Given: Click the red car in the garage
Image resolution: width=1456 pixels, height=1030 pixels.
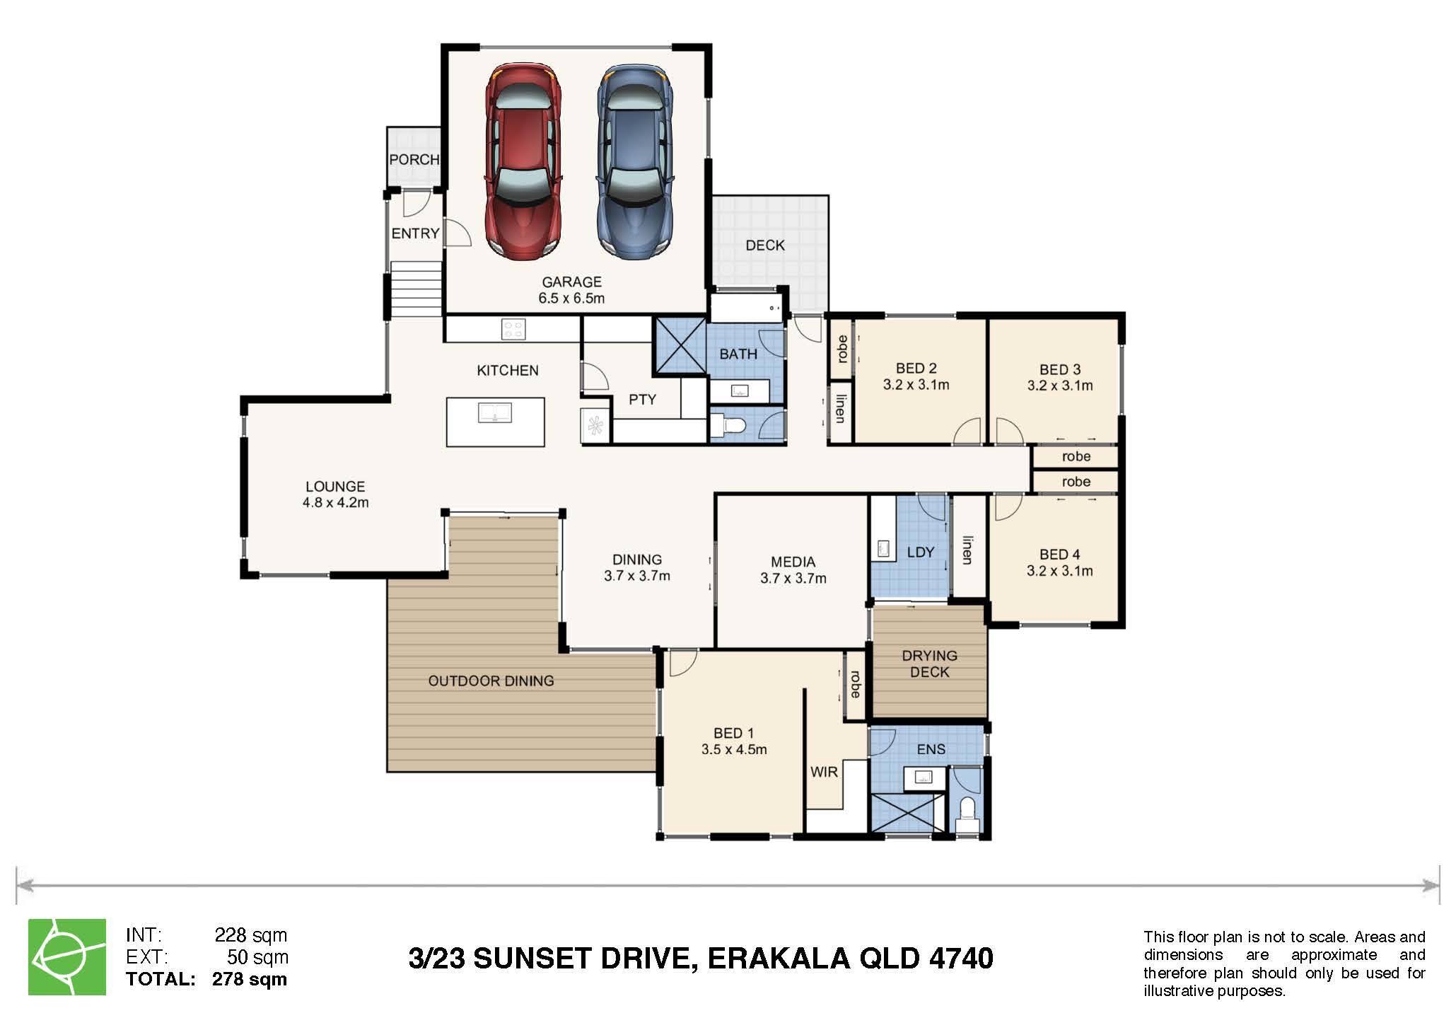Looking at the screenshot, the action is [x=523, y=162].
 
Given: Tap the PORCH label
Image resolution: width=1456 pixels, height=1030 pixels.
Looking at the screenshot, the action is [x=414, y=160].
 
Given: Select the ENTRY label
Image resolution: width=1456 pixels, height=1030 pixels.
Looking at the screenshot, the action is [x=416, y=233].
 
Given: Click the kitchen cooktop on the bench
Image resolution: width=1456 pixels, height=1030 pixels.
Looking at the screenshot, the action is [x=513, y=329].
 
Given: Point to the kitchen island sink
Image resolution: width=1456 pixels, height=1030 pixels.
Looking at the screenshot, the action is [x=495, y=412].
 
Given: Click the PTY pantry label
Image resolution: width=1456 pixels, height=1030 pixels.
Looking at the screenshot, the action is [x=642, y=400].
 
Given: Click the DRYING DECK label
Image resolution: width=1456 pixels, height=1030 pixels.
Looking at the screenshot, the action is [x=930, y=664].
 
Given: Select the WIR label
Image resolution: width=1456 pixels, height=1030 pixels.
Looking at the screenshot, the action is [x=824, y=772].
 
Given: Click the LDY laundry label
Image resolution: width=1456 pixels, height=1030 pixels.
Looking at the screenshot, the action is [x=921, y=552].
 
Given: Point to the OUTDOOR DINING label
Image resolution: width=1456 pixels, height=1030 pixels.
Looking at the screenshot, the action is [x=491, y=681].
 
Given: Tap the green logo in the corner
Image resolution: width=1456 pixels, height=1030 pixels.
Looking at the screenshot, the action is [x=67, y=957].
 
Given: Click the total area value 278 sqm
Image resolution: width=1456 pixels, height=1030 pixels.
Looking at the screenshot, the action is [x=250, y=980].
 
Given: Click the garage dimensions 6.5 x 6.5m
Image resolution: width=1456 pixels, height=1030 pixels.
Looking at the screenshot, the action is [x=571, y=299].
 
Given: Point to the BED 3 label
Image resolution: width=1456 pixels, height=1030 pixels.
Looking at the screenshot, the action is [x=1060, y=369].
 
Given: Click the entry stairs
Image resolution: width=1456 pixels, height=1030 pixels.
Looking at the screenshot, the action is [x=416, y=289].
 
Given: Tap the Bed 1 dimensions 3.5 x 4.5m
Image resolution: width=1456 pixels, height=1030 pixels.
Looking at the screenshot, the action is [x=734, y=749].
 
